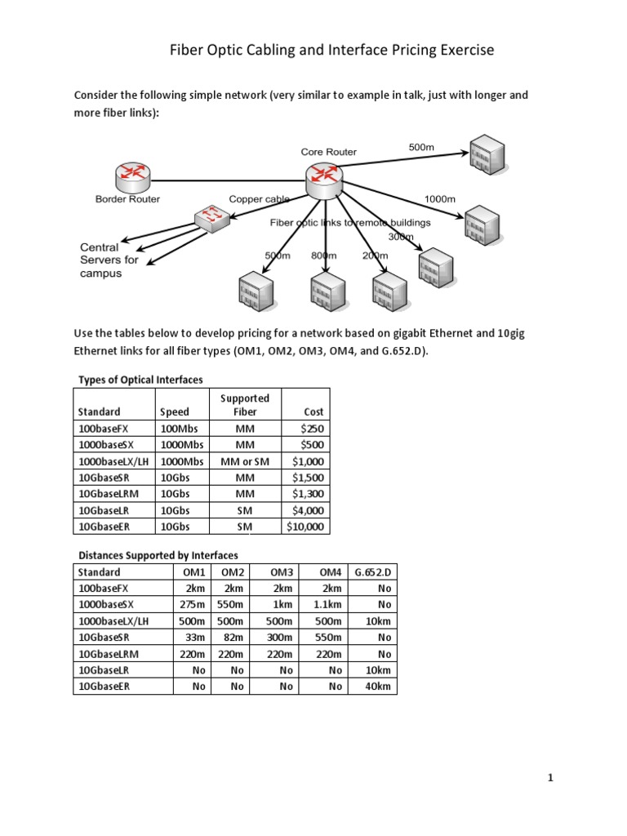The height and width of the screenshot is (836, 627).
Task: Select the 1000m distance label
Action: point(440,199)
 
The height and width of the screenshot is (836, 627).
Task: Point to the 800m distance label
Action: point(324,256)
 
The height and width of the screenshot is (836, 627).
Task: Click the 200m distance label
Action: point(374,256)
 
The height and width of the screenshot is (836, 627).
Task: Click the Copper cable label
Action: point(259,198)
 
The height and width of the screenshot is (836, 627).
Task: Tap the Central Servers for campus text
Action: point(109,260)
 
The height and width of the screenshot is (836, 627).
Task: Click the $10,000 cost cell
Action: point(305,527)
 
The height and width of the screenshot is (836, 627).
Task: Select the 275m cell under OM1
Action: point(189,605)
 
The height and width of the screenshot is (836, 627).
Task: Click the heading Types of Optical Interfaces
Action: point(140,380)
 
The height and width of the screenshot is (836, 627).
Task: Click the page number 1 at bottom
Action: point(551,778)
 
